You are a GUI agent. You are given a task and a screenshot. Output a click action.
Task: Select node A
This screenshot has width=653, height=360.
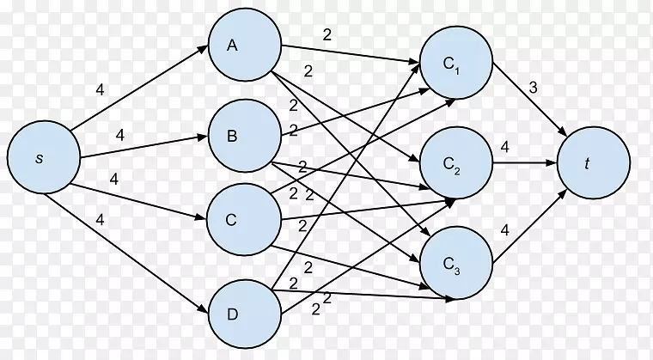click(x=244, y=47)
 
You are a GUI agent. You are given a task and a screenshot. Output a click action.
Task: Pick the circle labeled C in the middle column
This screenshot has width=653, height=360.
click(x=244, y=219)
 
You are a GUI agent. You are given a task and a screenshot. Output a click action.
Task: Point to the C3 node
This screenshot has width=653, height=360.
click(x=455, y=263)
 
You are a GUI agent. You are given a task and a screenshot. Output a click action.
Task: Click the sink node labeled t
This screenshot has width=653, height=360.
click(x=595, y=165)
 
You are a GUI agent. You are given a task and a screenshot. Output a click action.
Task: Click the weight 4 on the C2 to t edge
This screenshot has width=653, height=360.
click(x=504, y=148)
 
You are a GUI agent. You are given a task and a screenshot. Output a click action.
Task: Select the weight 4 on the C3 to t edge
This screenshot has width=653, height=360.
click(x=504, y=230)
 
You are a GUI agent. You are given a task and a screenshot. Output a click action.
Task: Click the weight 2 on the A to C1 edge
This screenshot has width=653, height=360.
click(x=326, y=35)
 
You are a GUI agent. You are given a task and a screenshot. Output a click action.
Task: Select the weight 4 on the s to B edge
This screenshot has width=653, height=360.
click(x=119, y=135)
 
